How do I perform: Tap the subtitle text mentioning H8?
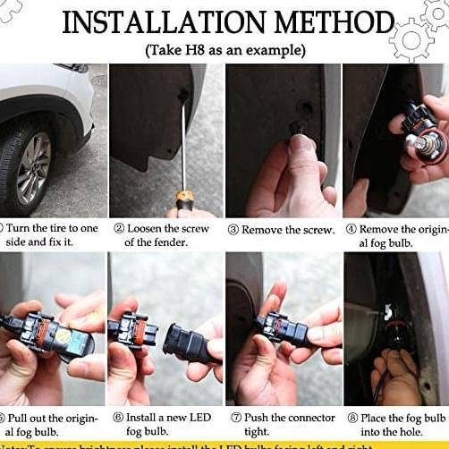point(224,49)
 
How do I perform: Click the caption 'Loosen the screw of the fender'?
point(170,235)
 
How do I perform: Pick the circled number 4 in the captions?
point(351,229)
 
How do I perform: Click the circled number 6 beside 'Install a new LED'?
point(117,417)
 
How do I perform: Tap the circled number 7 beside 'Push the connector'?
point(235,417)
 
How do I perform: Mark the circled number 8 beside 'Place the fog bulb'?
point(352,417)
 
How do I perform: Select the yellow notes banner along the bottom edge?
point(224,444)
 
